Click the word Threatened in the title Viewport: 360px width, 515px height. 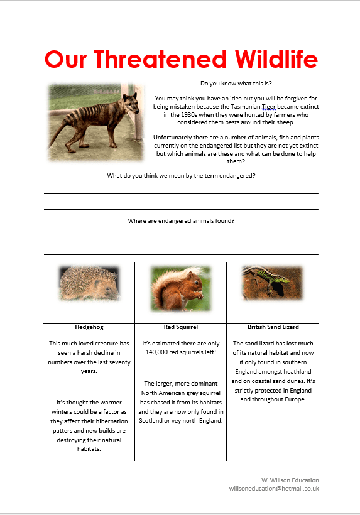coord(160,60)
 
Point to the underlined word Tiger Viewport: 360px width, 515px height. coord(269,107)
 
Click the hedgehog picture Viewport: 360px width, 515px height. coord(89,283)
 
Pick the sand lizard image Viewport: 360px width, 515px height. coord(273,283)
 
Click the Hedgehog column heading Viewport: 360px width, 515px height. coord(89,327)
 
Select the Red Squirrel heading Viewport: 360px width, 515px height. coord(181,327)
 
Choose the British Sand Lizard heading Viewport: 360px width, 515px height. coord(273,327)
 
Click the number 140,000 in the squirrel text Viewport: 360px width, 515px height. coord(157,352)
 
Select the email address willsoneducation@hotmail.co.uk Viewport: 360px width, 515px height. coord(274,488)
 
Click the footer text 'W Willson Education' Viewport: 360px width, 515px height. coord(290,480)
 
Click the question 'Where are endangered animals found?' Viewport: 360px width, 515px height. coord(181,220)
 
